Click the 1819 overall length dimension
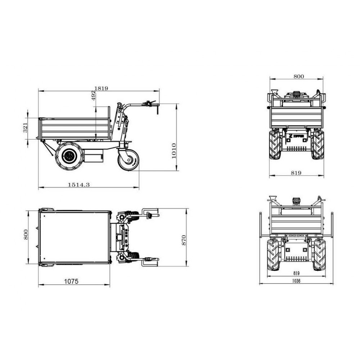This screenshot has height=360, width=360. point(101,89)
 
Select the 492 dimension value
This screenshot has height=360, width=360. point(94,95)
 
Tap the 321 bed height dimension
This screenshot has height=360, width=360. point(25,128)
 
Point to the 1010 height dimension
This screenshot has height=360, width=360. point(174,150)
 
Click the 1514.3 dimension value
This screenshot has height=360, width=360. point(79,184)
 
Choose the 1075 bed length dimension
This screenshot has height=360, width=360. point(71,281)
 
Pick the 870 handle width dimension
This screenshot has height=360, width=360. point(184,240)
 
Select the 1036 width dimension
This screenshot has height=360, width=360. point(296,281)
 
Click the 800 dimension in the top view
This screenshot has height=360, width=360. point(26,234)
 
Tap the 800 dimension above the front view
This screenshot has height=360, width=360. point(299,76)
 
